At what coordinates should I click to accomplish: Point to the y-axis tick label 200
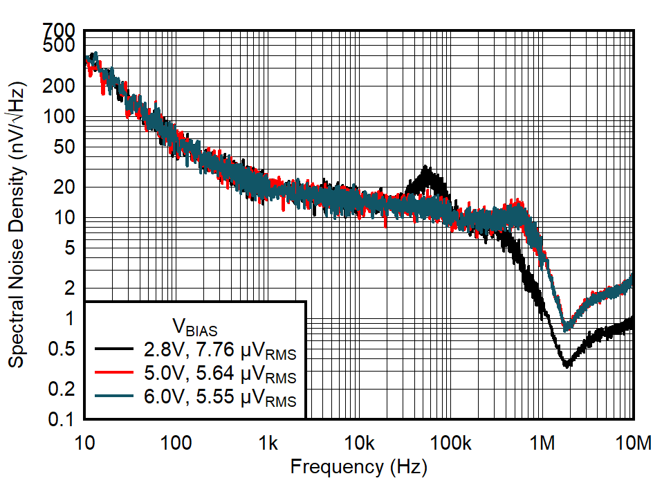pyautogui.click(x=63, y=86)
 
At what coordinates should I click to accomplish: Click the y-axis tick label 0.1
pyautogui.click(x=64, y=419)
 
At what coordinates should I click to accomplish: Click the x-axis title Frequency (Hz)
pyautogui.click(x=358, y=467)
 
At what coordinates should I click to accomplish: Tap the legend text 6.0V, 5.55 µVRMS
pyautogui.click(x=218, y=399)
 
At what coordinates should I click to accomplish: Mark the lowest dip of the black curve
pyautogui.click(x=567, y=365)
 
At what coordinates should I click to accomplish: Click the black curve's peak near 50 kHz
pyautogui.click(x=425, y=168)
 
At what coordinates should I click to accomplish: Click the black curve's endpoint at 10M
pyautogui.click(x=632, y=322)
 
